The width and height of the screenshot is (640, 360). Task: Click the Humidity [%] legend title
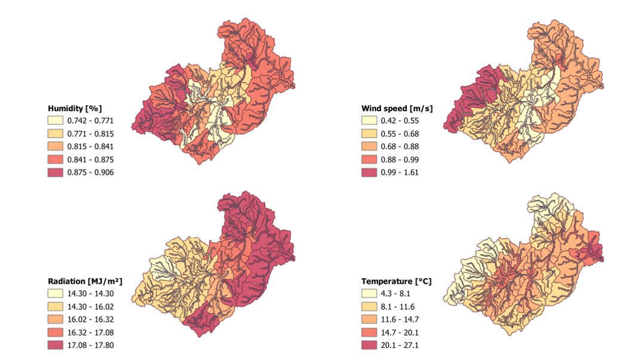click(75, 109)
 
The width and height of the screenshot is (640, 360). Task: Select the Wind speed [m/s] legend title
click(397, 109)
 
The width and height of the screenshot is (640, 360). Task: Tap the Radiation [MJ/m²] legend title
click(85, 281)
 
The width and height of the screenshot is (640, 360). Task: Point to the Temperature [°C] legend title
click(396, 281)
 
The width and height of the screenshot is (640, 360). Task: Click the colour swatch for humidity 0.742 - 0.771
click(56, 120)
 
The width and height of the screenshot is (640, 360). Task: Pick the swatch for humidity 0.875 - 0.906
click(56, 172)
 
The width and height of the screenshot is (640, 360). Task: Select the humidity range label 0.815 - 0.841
click(90, 147)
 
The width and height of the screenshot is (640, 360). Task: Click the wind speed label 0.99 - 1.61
click(400, 172)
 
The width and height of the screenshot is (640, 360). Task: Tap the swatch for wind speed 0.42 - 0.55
click(369, 120)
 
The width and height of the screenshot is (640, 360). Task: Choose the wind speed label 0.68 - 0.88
click(400, 147)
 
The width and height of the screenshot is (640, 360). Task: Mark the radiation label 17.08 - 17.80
click(90, 345)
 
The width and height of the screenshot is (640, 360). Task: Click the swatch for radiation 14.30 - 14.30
click(56, 294)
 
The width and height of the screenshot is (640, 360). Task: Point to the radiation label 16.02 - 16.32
click(90, 319)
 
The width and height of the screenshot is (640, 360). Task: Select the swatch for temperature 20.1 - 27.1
click(369, 345)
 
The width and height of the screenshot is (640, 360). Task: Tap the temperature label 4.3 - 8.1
click(395, 294)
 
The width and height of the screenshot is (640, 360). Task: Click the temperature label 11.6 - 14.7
click(400, 319)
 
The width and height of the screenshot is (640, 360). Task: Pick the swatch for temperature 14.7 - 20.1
click(369, 332)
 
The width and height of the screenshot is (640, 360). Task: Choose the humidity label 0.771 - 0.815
click(90, 133)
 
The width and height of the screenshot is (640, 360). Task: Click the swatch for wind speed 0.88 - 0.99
click(369, 160)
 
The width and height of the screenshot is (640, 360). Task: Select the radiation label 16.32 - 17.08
click(90, 332)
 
